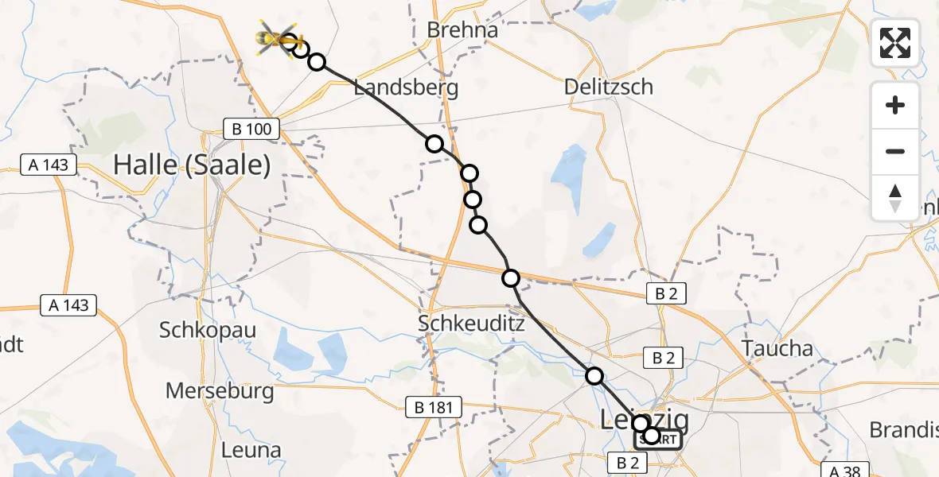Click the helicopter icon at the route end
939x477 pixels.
[277, 38]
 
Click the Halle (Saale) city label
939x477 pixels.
[192, 165]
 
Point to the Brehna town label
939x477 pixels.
[462, 30]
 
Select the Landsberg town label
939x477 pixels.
[406, 87]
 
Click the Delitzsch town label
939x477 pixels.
[608, 87]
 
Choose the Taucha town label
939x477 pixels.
[777, 348]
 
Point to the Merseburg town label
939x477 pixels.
[220, 391]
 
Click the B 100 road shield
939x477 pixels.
[251, 130]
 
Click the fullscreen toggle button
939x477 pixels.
[895, 43]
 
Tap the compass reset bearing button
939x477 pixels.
[895, 197]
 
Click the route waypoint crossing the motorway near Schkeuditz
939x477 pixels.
[511, 277]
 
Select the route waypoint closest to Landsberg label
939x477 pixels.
[434, 144]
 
